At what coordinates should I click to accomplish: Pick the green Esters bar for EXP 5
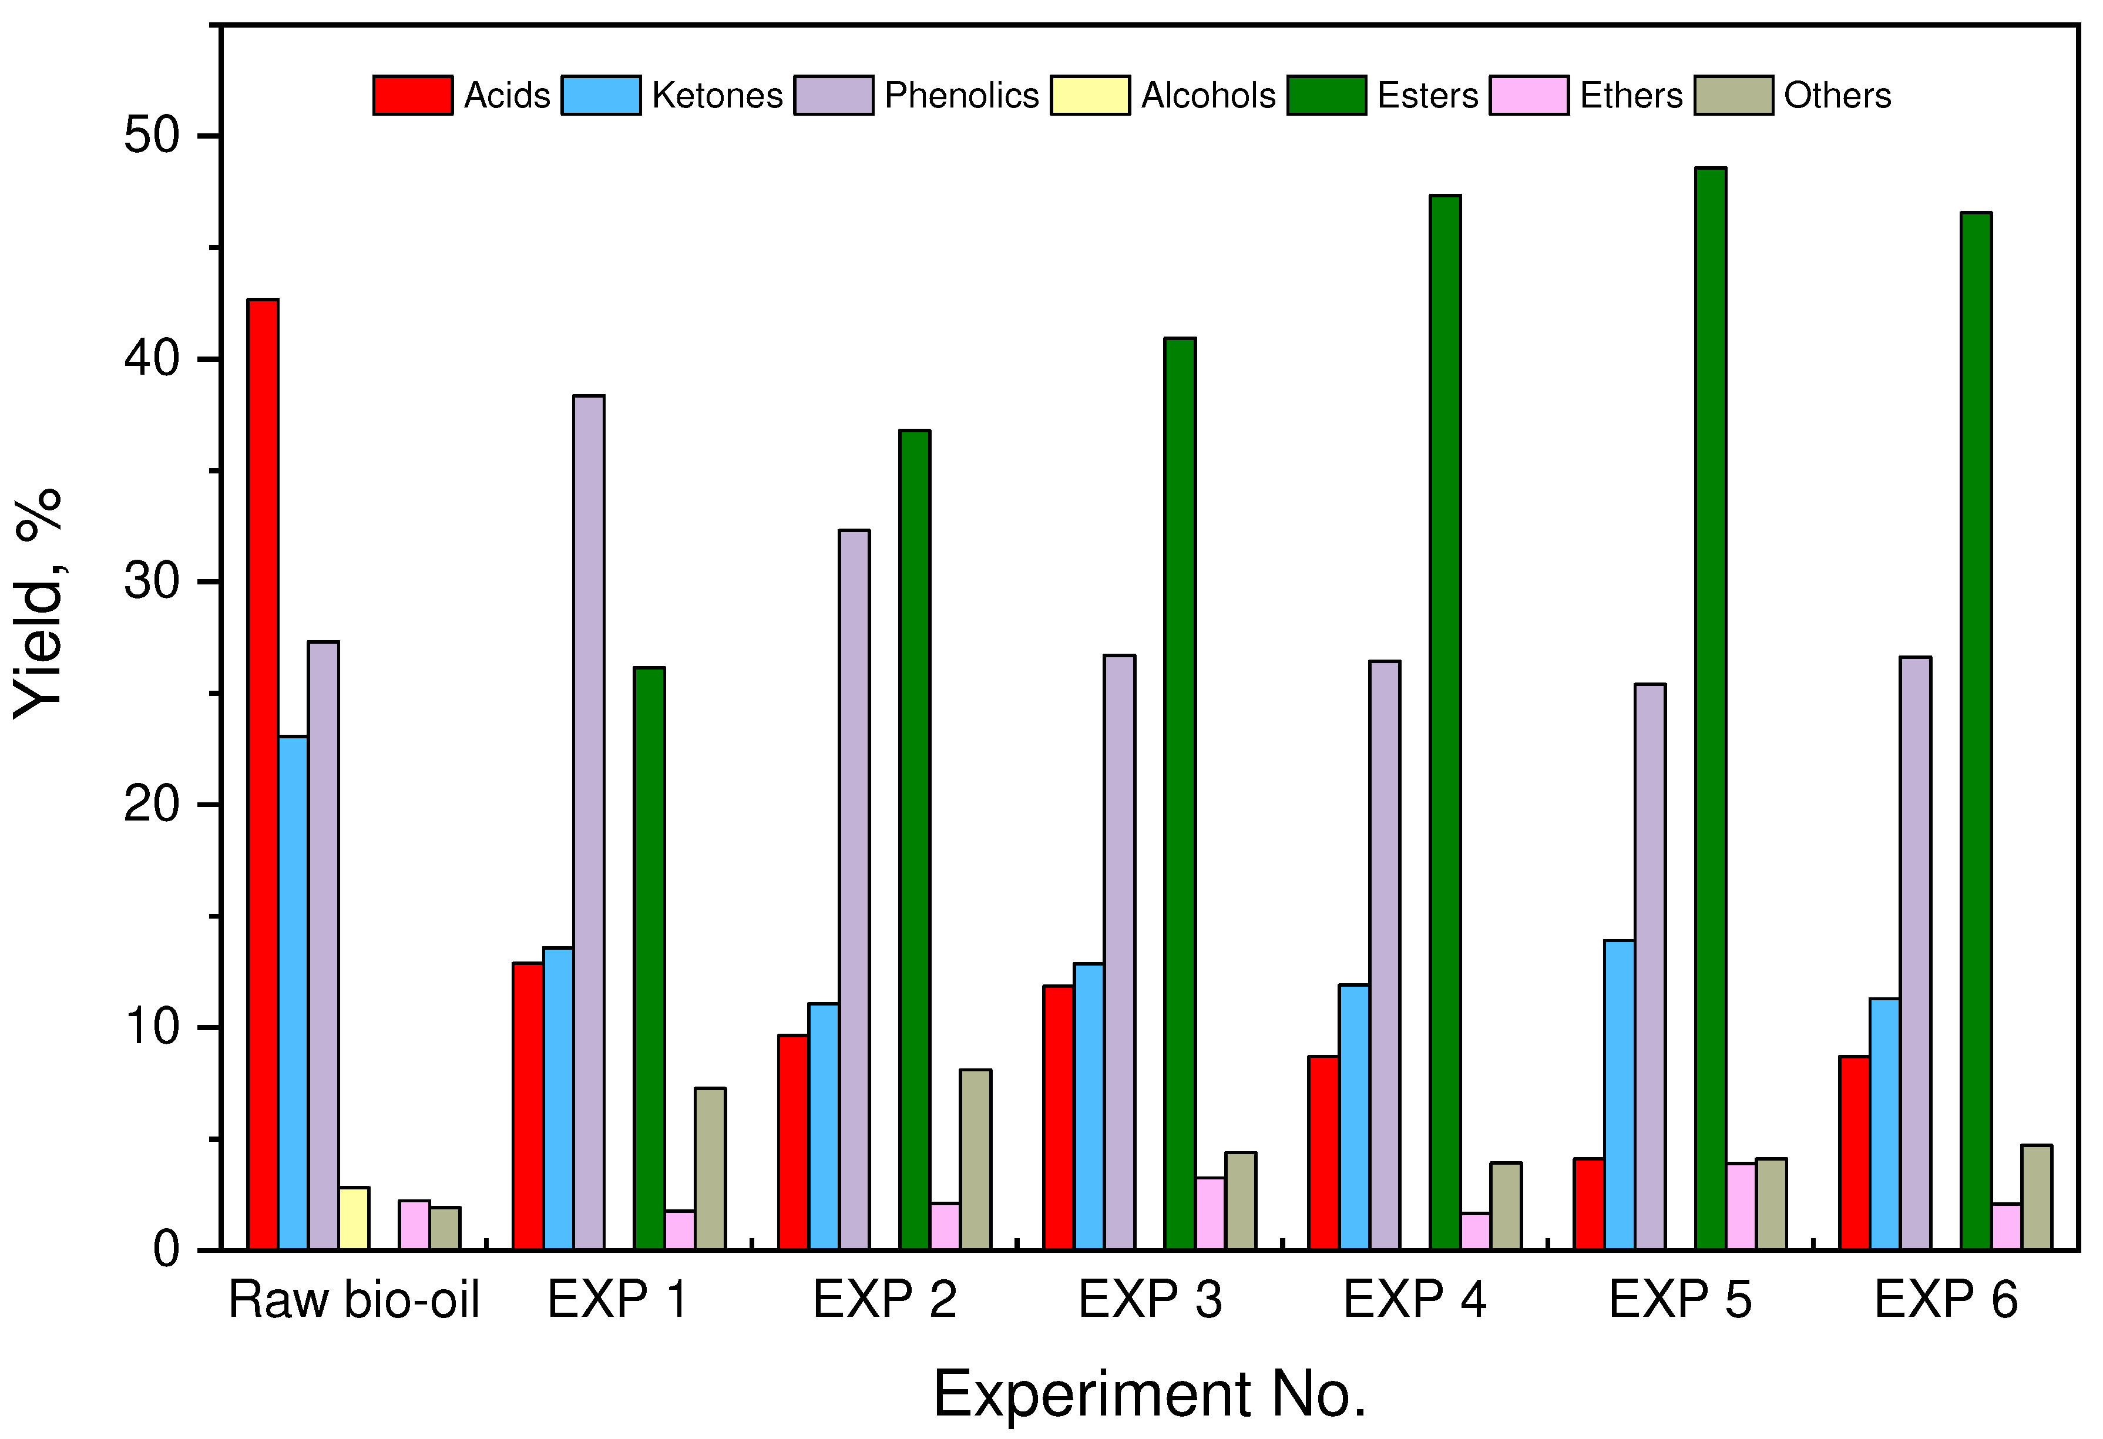tap(1710, 709)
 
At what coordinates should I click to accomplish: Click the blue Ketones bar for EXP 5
tap(1620, 1095)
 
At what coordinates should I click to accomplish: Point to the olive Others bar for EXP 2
tap(976, 1159)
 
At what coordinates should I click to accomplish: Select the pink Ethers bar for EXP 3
tap(1211, 1213)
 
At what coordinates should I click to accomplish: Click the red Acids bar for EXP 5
tap(1589, 1203)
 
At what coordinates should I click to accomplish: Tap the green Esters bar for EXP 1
tap(650, 959)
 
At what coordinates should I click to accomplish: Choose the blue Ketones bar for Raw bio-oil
tap(293, 993)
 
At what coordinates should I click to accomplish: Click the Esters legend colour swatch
tap(1326, 95)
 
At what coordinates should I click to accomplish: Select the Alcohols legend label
tap(1208, 95)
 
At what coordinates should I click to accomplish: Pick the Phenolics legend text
tap(961, 95)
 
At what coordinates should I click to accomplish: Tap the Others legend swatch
tap(1734, 95)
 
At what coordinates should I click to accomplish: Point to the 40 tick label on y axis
tap(151, 359)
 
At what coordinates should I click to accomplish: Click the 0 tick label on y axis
tap(166, 1250)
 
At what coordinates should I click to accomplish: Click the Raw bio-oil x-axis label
tap(354, 1300)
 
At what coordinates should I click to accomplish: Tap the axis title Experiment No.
tap(1149, 1394)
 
